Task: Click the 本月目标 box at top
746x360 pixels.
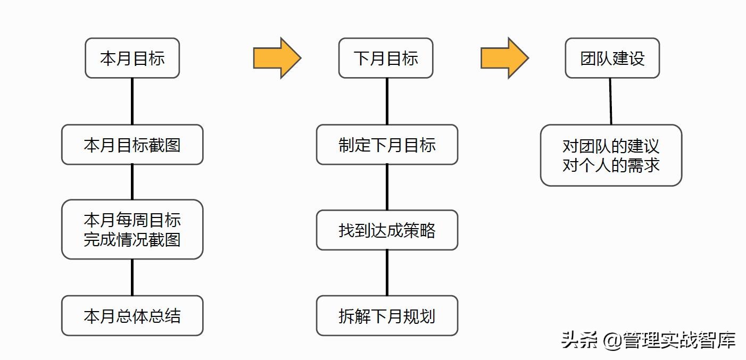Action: [x=132, y=58]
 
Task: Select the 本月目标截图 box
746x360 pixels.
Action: [x=132, y=145]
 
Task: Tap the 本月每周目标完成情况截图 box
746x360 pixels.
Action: [x=132, y=229]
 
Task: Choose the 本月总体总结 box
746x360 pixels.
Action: [x=132, y=316]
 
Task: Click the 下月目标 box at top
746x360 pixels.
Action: [x=386, y=58]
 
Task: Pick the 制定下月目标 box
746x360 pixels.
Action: [x=387, y=145]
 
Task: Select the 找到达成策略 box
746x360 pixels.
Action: [x=387, y=230]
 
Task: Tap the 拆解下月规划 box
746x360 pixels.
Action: [x=387, y=316]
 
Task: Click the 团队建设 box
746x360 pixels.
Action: [x=612, y=58]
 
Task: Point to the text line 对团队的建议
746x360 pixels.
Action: [x=611, y=146]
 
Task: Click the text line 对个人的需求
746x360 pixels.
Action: [x=611, y=165]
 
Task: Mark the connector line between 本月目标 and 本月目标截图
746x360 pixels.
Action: [x=132, y=101]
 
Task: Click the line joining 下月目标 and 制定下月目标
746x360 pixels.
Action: [x=387, y=101]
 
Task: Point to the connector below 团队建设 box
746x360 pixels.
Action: [x=610, y=101]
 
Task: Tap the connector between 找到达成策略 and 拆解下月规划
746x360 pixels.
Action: [x=387, y=273]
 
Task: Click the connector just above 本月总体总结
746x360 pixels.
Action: [x=132, y=277]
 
